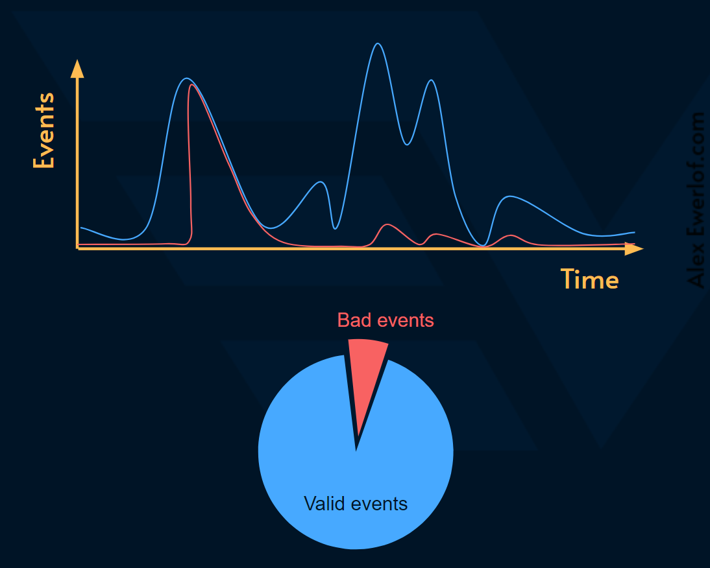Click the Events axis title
[x=43, y=130]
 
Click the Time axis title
[x=589, y=279]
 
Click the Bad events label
[x=386, y=320]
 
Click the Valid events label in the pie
[x=356, y=504]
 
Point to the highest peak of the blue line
[x=378, y=43]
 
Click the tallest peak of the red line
[x=190, y=84]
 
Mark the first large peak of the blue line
[x=187, y=78]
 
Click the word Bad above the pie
[x=351, y=320]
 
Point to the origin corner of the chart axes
[x=77, y=248]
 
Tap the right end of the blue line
[x=634, y=232]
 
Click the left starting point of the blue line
[x=80, y=228]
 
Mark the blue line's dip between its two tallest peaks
[x=407, y=145]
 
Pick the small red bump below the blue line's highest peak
[x=387, y=224]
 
